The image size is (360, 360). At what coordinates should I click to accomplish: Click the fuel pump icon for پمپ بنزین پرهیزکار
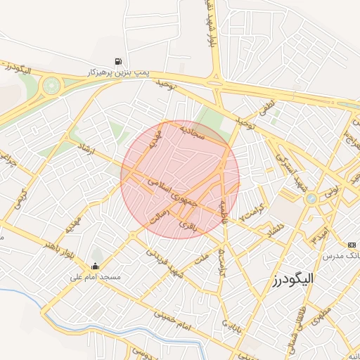coord(118,60)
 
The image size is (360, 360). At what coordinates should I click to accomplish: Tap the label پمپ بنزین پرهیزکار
coord(117,72)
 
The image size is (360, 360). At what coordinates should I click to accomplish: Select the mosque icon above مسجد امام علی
coord(95,266)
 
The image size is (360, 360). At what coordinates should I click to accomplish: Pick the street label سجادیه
coord(191,132)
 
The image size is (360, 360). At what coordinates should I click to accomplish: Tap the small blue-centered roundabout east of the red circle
coord(310,199)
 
